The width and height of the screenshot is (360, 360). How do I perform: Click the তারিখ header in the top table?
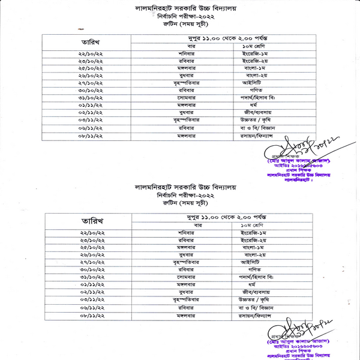click(x=90, y=43)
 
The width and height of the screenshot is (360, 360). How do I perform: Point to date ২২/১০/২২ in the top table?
click(x=90, y=53)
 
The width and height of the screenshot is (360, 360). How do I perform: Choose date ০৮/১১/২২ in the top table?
click(x=90, y=136)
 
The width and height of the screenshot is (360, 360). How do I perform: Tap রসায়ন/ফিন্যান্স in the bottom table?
click(x=256, y=315)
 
